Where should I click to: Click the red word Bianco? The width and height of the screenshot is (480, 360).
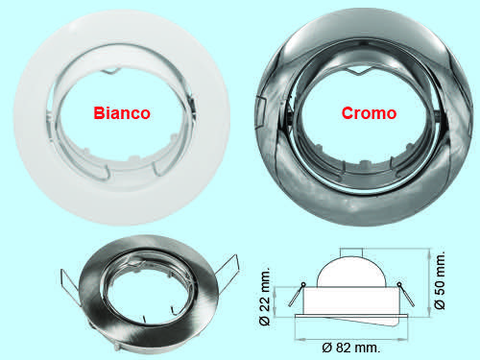(x=122, y=113)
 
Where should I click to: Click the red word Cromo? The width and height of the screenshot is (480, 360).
(x=369, y=113)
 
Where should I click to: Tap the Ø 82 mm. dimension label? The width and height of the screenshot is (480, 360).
(x=351, y=348)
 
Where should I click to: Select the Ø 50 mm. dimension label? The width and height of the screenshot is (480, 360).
(x=440, y=280)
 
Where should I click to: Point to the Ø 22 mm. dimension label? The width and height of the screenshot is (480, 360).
(x=265, y=297)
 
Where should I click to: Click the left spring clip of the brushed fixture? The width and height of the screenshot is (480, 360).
(x=70, y=287)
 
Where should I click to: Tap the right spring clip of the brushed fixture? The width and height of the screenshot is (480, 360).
(x=228, y=269)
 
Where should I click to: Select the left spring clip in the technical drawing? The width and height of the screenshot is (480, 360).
(x=297, y=295)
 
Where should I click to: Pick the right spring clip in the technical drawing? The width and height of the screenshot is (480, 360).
(x=405, y=295)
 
